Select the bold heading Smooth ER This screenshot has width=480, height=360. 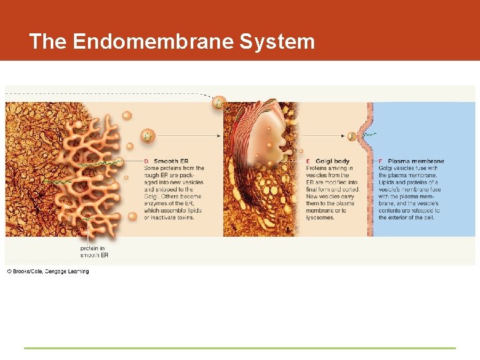point(171,161)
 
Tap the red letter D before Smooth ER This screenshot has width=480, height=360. point(147,161)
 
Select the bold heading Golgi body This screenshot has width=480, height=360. point(332,161)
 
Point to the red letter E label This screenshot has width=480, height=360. point(308,161)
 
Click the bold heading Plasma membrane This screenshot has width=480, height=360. point(415,161)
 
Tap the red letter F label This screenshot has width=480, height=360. point(381,161)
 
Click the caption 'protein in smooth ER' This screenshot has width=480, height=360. point(94,251)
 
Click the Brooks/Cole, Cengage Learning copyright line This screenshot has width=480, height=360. point(48,271)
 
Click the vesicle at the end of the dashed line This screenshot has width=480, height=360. point(219,103)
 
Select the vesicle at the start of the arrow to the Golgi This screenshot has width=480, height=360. point(147,136)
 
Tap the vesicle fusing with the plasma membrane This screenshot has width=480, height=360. point(352,136)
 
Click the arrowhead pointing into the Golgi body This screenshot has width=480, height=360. point(219,136)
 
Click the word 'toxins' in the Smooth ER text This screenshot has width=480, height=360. point(183,218)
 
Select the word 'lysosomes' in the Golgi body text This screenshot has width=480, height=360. point(321,218)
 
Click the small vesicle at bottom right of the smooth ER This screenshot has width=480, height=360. point(133,216)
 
